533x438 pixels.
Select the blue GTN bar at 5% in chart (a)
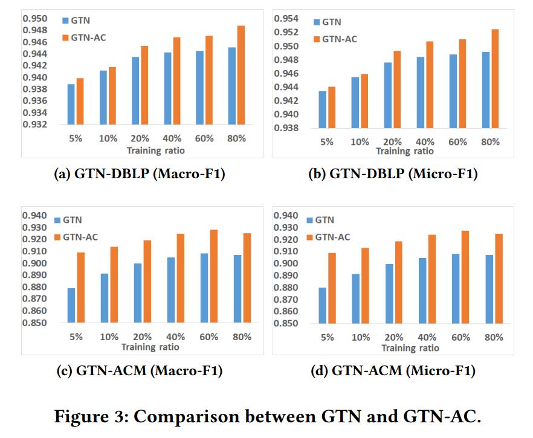pyautogui.click(x=71, y=106)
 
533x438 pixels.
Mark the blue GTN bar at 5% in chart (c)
pyautogui.click(x=71, y=306)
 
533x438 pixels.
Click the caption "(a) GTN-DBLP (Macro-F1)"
pyautogui.click(x=138, y=175)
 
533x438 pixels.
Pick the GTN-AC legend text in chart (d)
pyautogui.click(x=333, y=237)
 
